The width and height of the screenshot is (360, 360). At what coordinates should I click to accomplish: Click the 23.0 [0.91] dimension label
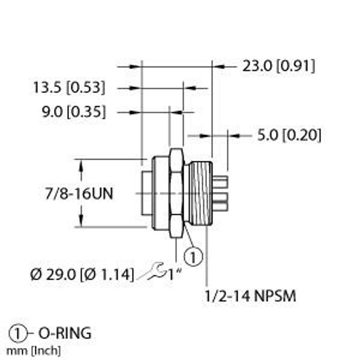click(x=278, y=67)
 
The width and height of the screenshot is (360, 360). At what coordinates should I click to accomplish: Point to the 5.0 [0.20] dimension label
click(x=289, y=136)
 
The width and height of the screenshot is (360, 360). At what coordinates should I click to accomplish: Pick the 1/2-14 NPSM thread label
click(x=250, y=296)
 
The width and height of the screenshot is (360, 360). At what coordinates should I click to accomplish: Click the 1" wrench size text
click(x=175, y=275)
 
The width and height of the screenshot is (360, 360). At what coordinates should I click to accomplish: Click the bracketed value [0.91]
click(x=295, y=67)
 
